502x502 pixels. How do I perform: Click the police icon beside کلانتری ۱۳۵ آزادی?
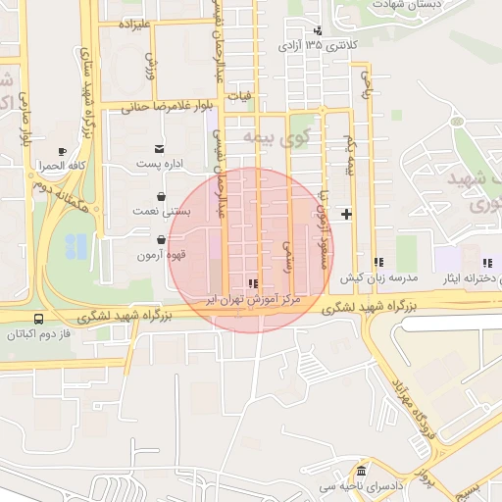319,30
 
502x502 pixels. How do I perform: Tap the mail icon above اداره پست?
159,149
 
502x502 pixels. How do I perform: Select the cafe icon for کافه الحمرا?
63,151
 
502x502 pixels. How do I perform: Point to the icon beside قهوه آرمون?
161,239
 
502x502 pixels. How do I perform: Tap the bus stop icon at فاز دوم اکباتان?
38,319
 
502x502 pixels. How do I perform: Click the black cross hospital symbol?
345,214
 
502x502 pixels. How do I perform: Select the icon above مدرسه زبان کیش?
378,262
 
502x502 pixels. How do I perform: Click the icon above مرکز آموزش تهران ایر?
254,283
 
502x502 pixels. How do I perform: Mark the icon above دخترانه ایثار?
486,262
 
